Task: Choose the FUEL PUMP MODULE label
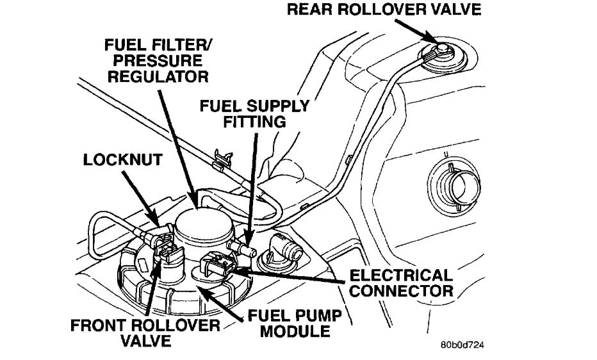pos(291,323)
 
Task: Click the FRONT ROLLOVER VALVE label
pos(146,332)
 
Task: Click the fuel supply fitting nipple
pos(242,246)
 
